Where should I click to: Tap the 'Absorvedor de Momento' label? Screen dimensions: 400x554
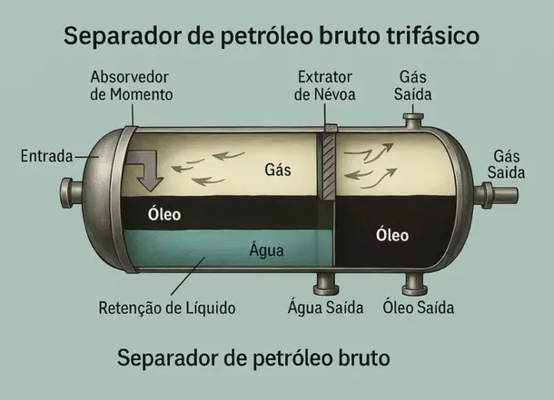133,84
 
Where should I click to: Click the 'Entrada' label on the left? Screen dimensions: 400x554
45,157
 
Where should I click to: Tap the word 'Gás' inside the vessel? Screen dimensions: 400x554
276,170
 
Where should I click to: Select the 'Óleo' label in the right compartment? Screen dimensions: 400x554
392,236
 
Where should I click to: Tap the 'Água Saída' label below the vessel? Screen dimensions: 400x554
326,307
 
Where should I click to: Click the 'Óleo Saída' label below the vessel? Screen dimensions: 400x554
419,307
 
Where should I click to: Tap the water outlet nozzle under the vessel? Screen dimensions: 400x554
325,284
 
